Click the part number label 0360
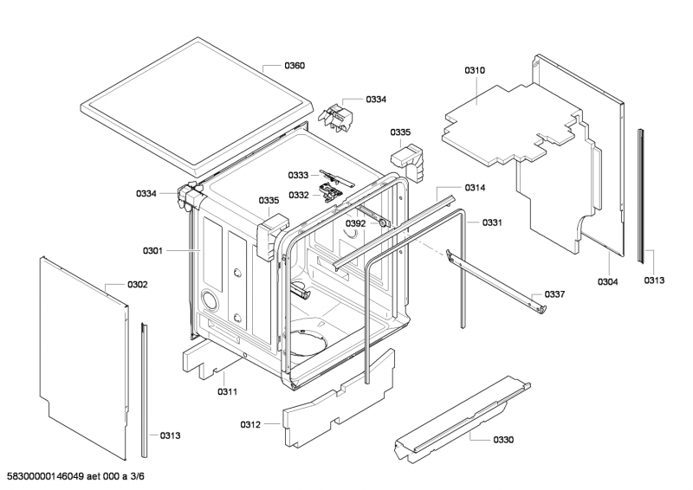point(295,66)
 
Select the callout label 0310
point(475,70)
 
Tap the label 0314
point(475,188)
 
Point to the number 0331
point(492,222)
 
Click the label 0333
point(298,176)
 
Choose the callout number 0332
point(299,195)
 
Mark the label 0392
point(356,223)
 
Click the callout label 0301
point(153,251)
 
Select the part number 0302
point(138,285)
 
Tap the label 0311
point(228,391)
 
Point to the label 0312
point(250,424)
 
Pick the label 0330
point(503,440)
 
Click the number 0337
point(554,294)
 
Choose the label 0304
point(608,282)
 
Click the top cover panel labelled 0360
point(197,106)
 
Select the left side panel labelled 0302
point(84,353)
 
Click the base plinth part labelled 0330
point(462,420)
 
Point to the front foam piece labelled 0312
point(339,397)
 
